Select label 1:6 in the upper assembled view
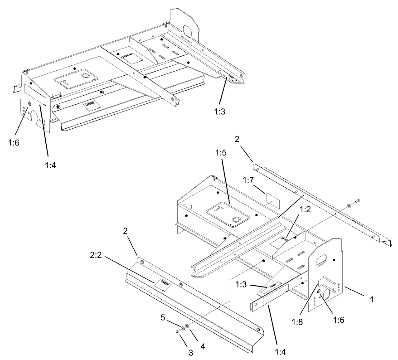point(14,142)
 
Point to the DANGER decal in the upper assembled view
point(91,105)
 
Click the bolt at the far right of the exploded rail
point(357,200)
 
